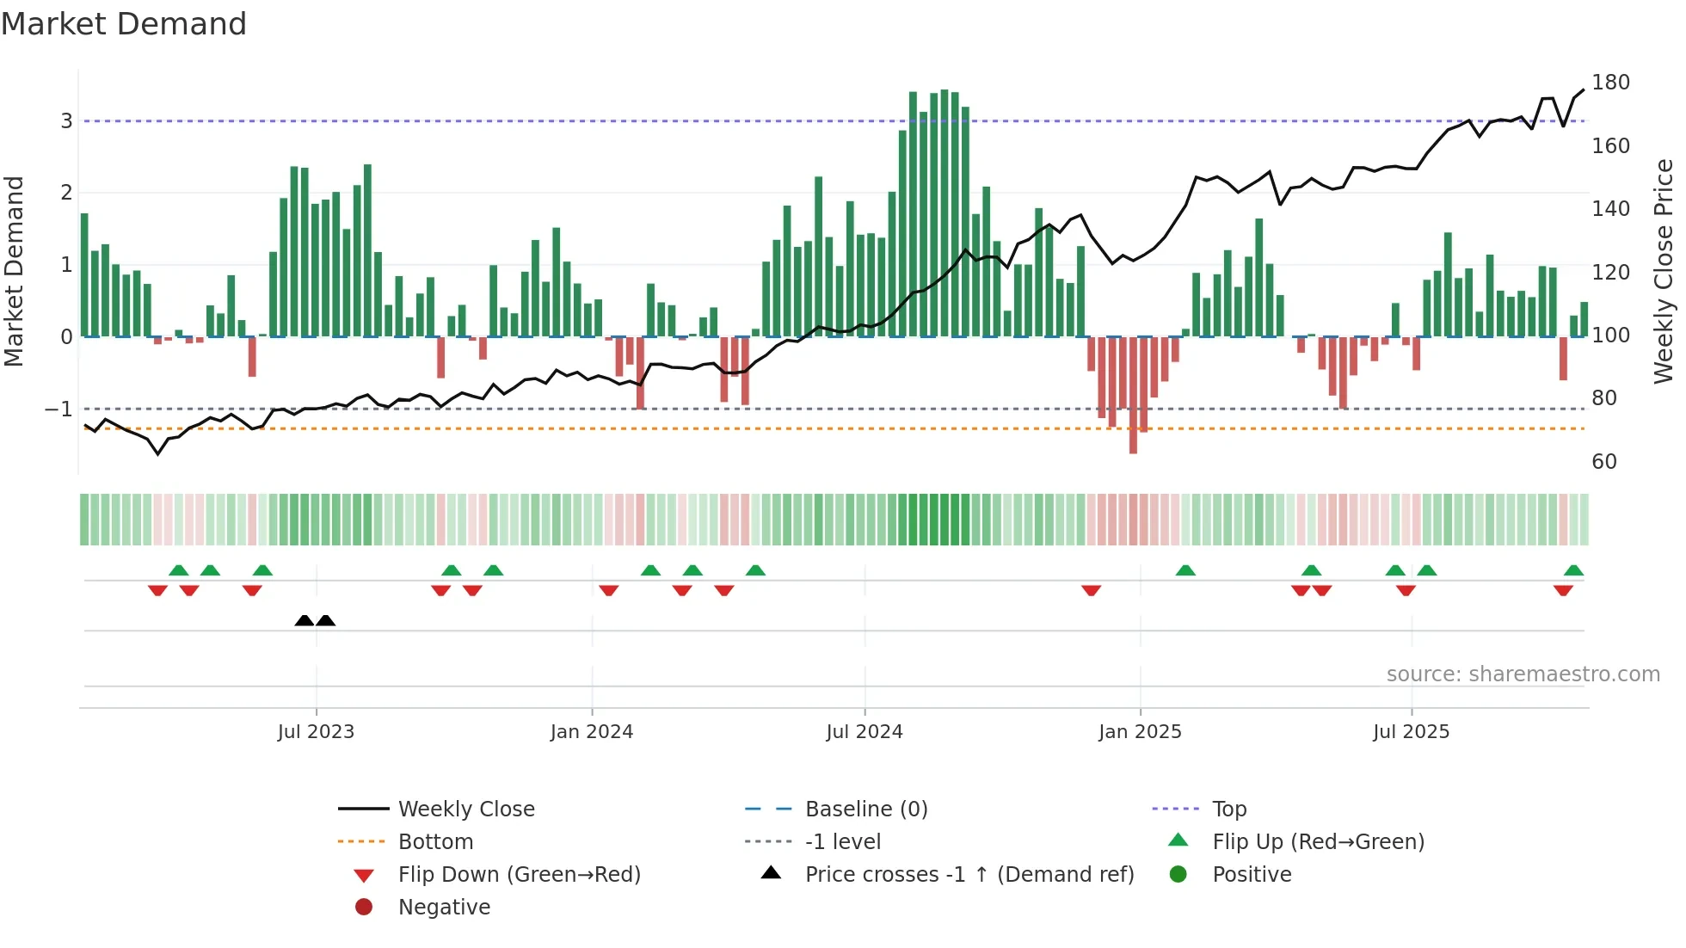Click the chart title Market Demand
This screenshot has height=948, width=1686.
[124, 24]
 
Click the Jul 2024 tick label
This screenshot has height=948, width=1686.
[865, 732]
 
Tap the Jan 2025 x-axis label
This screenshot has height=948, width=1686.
[1140, 732]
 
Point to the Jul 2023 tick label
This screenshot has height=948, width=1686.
[316, 732]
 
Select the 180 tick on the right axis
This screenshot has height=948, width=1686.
[1610, 83]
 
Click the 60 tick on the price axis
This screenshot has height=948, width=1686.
[1604, 462]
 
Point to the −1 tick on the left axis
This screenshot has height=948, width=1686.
[58, 409]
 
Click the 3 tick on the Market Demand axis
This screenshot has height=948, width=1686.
[66, 121]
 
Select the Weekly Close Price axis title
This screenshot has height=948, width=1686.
[1664, 271]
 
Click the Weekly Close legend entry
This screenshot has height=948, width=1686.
[465, 809]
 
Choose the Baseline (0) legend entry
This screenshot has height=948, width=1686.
[865, 809]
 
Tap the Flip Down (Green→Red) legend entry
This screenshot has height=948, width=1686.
[519, 875]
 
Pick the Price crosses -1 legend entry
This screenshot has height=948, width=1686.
[969, 875]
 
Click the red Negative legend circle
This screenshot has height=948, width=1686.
[364, 908]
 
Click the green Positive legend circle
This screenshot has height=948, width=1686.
[1178, 875]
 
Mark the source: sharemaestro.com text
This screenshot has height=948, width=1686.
[1523, 674]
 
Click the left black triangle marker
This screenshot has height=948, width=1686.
[304, 620]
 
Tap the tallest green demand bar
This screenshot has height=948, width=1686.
[945, 215]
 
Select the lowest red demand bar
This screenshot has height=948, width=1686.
[1133, 396]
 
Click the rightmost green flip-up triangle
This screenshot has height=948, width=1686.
[1573, 570]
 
